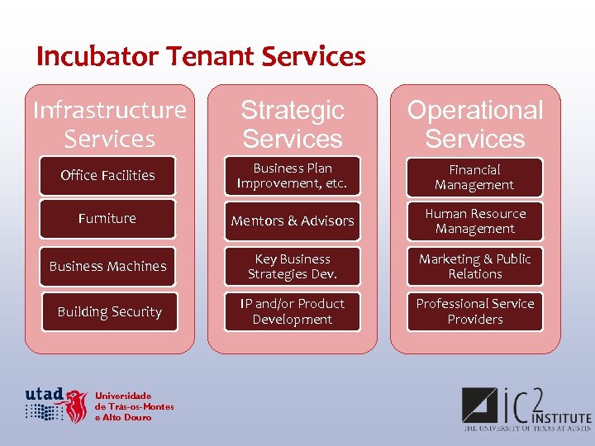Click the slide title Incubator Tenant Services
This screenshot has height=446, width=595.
[201, 56]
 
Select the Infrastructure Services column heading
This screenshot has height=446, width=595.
[110, 124]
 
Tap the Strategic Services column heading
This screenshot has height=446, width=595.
[293, 124]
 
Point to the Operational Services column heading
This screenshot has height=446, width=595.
[475, 124]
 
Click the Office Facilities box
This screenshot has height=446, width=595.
[107, 175]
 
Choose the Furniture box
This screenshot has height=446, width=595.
[107, 219]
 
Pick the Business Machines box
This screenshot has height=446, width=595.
[107, 266]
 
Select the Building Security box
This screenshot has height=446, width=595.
[109, 311]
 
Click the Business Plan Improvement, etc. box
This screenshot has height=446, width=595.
[293, 176]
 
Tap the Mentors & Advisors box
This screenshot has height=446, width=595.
[293, 221]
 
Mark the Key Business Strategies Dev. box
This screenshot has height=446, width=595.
[293, 266]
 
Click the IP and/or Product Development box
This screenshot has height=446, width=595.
[293, 311]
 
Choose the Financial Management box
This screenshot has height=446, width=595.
[475, 177]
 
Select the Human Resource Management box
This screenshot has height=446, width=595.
[475, 221]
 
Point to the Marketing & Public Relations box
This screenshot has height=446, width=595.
[475, 266]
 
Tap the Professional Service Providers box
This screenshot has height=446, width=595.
[475, 311]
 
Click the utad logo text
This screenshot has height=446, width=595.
[44, 396]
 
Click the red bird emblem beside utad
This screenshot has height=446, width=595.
[77, 406]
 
